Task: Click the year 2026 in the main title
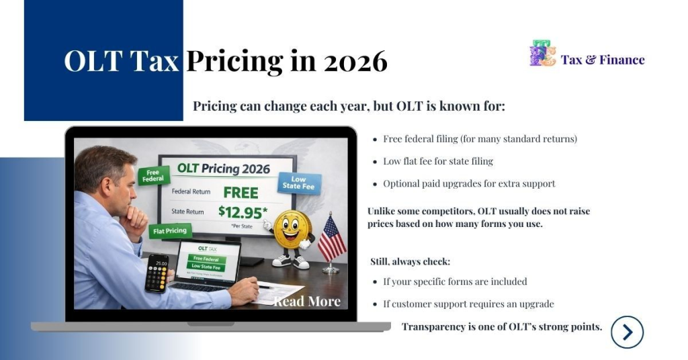coord(355,62)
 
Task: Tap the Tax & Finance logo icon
coord(542,54)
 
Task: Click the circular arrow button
coord(627,332)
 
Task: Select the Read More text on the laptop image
coord(307,302)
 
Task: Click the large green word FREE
coord(241,192)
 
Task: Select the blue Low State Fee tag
coord(299,182)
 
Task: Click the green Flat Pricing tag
coord(170,231)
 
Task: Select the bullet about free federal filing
coord(480,139)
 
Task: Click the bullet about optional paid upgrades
coord(469,183)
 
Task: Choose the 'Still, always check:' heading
coord(410,261)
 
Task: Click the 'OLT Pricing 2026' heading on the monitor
coord(223,168)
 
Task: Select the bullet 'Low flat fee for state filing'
coord(438,161)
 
